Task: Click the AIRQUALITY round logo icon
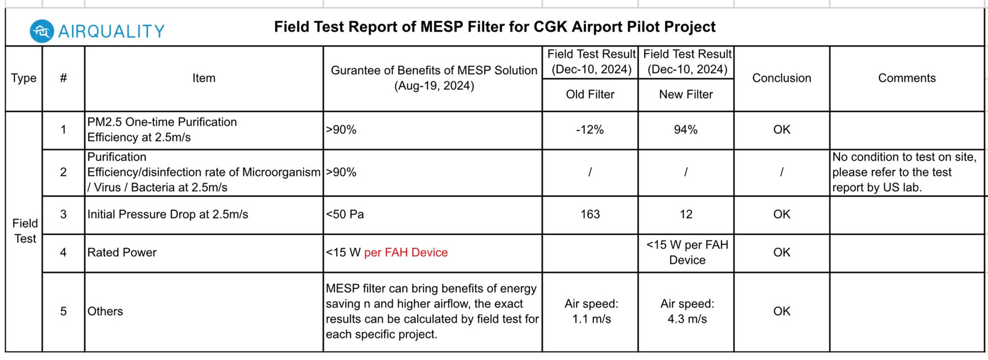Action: click(x=41, y=31)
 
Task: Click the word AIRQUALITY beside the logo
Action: click(x=111, y=32)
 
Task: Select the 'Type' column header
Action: click(x=24, y=78)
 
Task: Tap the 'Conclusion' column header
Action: click(x=782, y=78)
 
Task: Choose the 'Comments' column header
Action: click(x=906, y=78)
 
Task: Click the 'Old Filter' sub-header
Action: click(x=590, y=95)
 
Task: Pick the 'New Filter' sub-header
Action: click(x=686, y=95)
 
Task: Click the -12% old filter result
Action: click(x=590, y=130)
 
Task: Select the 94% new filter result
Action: click(x=686, y=130)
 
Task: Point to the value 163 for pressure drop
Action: click(x=590, y=214)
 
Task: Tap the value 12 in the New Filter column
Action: click(x=686, y=214)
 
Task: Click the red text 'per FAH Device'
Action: click(x=406, y=252)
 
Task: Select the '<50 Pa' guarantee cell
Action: click(x=344, y=214)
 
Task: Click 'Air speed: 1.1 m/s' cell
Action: click(x=591, y=311)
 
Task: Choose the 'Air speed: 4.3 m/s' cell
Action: click(x=687, y=311)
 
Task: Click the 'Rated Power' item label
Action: click(x=122, y=252)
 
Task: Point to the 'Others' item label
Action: click(x=105, y=311)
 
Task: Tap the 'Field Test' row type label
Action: click(x=25, y=231)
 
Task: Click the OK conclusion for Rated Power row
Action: click(x=782, y=252)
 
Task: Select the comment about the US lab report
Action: click(x=904, y=172)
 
